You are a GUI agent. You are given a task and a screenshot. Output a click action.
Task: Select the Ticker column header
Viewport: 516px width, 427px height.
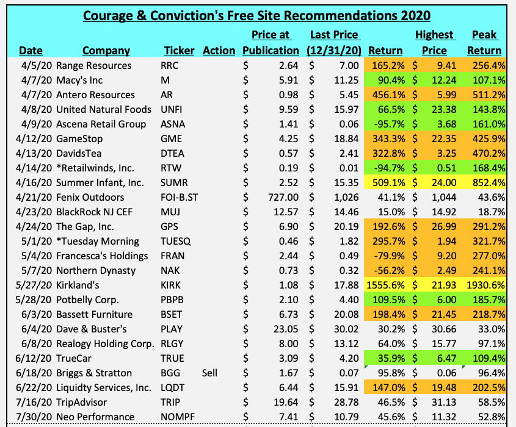click(x=179, y=51)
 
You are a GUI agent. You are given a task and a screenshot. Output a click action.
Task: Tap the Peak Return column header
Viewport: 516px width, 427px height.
click(x=485, y=43)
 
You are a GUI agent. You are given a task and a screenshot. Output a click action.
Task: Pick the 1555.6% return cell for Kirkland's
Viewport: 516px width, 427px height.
click(x=382, y=285)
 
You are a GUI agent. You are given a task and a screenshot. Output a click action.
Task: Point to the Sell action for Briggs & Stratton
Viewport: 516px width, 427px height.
click(x=211, y=373)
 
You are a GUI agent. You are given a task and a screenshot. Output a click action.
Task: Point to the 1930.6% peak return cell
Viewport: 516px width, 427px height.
click(x=485, y=285)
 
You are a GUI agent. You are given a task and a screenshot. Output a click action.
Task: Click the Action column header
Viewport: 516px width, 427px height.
click(x=219, y=51)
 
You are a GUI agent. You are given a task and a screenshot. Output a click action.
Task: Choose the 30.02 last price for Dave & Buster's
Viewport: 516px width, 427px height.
click(x=346, y=329)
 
